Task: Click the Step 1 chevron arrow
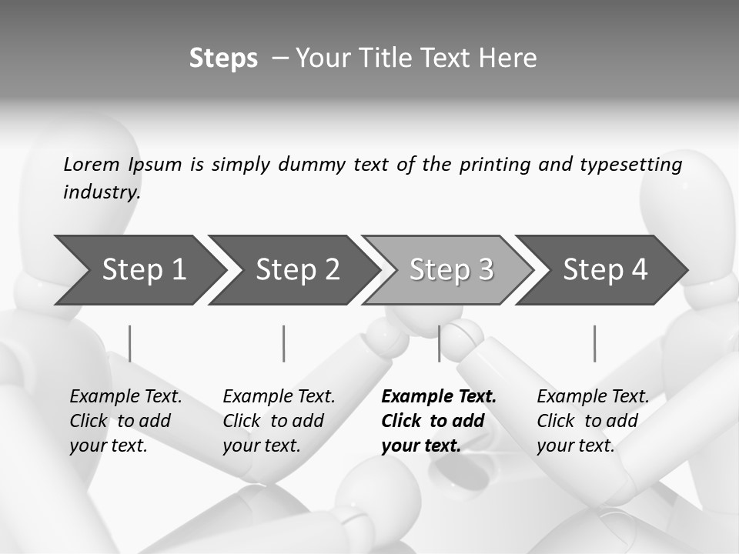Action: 139,270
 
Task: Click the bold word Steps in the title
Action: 223,58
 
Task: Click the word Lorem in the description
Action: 92,164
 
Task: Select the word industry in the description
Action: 101,192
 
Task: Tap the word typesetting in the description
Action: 630,164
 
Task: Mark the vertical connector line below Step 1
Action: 130,343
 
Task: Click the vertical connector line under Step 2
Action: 284,343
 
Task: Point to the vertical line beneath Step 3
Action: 440,343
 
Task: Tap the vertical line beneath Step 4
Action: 594,343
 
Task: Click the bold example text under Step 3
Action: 438,421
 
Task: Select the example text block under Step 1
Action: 125,421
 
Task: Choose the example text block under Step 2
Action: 279,421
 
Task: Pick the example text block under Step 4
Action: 593,421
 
